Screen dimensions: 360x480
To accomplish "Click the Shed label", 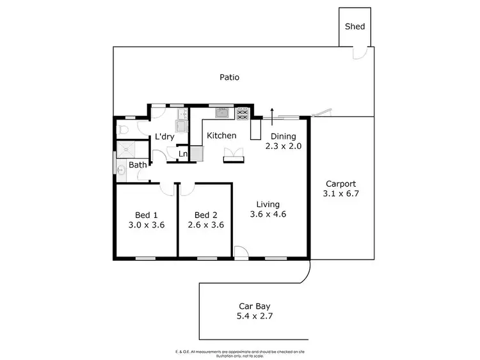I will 355,26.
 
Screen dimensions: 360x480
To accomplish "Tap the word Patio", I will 229,77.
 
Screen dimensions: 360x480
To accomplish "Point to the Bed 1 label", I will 146,215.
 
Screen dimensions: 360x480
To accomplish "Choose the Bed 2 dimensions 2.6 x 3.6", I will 205,225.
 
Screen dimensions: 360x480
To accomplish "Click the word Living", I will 268,204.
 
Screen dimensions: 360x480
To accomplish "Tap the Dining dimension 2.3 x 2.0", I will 283,146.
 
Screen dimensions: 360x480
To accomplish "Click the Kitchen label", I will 221,136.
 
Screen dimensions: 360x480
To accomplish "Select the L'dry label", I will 165,137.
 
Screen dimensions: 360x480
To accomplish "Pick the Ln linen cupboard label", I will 182,153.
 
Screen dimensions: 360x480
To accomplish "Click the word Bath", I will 138,165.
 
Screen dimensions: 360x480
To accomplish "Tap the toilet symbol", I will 125,130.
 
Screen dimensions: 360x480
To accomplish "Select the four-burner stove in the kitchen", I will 243,114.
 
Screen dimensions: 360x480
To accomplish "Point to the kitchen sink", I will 222,113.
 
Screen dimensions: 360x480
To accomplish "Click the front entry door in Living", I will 241,253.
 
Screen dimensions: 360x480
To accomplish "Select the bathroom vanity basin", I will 120,169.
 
